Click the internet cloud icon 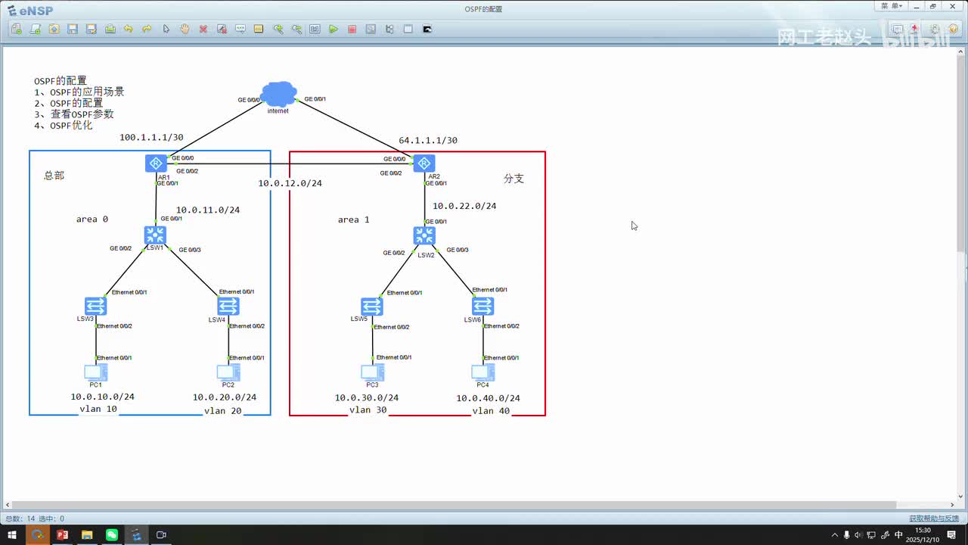pos(278,95)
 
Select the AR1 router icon pos(156,163)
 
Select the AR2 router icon pos(424,163)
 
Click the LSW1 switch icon pos(155,235)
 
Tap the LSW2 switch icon pos(424,235)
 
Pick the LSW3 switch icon pos(95,306)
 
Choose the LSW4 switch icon pos(228,306)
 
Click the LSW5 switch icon pos(371,307)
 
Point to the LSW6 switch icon pos(482,307)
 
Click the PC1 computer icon pos(95,372)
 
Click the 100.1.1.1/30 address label pos(151,138)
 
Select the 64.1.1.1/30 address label pos(428,141)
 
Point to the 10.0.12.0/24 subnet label pos(290,183)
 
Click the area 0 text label pos(92,220)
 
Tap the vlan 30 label pos(368,410)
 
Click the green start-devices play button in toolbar pos(334,30)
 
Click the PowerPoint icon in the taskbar pos(62,535)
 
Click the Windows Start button pos(12,535)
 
